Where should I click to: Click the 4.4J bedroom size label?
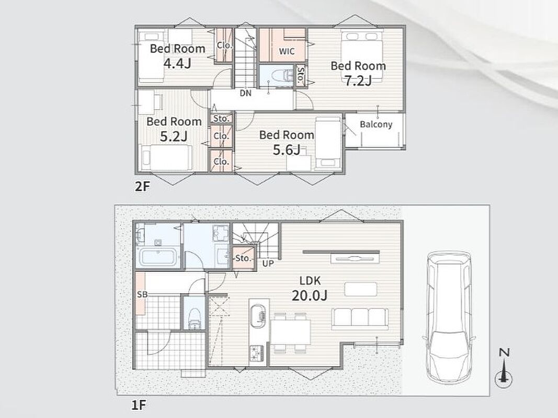pos(177,63)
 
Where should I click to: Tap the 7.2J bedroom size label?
pos(358,80)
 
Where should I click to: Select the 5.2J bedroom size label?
pos(174,136)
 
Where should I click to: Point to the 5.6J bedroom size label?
pos(287,150)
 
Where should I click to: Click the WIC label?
pos(287,52)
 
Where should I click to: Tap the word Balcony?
pos(376,124)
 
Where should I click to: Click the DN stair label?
pos(246,93)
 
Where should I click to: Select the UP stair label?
pos(268,263)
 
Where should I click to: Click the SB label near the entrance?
pos(142,294)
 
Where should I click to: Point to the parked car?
pos(449,317)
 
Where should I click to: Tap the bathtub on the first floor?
pos(157,258)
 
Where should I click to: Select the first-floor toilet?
pos(195,319)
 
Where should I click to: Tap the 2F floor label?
pos(142,187)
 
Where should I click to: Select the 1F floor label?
pos(139,405)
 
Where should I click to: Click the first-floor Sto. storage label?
pos(243,258)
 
